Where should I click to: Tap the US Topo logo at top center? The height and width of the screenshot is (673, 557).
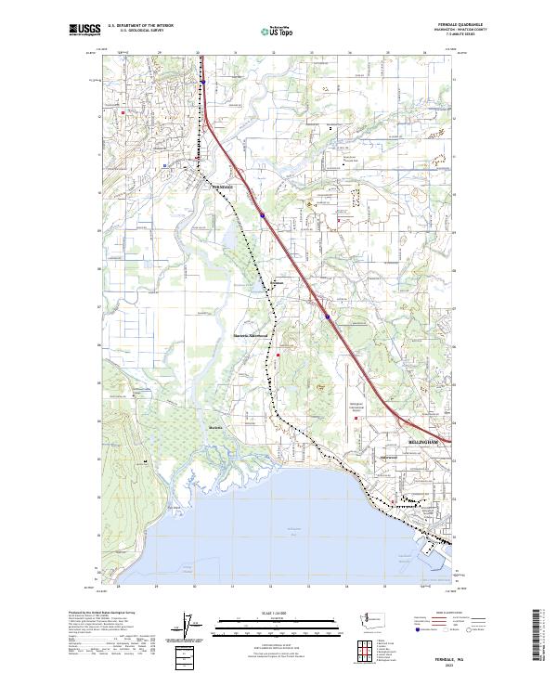tap(277, 30)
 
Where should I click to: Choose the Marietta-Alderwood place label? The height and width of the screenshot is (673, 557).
tap(249, 335)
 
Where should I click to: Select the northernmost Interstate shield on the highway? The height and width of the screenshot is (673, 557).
tap(202, 82)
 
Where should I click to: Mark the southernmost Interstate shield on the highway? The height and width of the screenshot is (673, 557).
tap(328, 316)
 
